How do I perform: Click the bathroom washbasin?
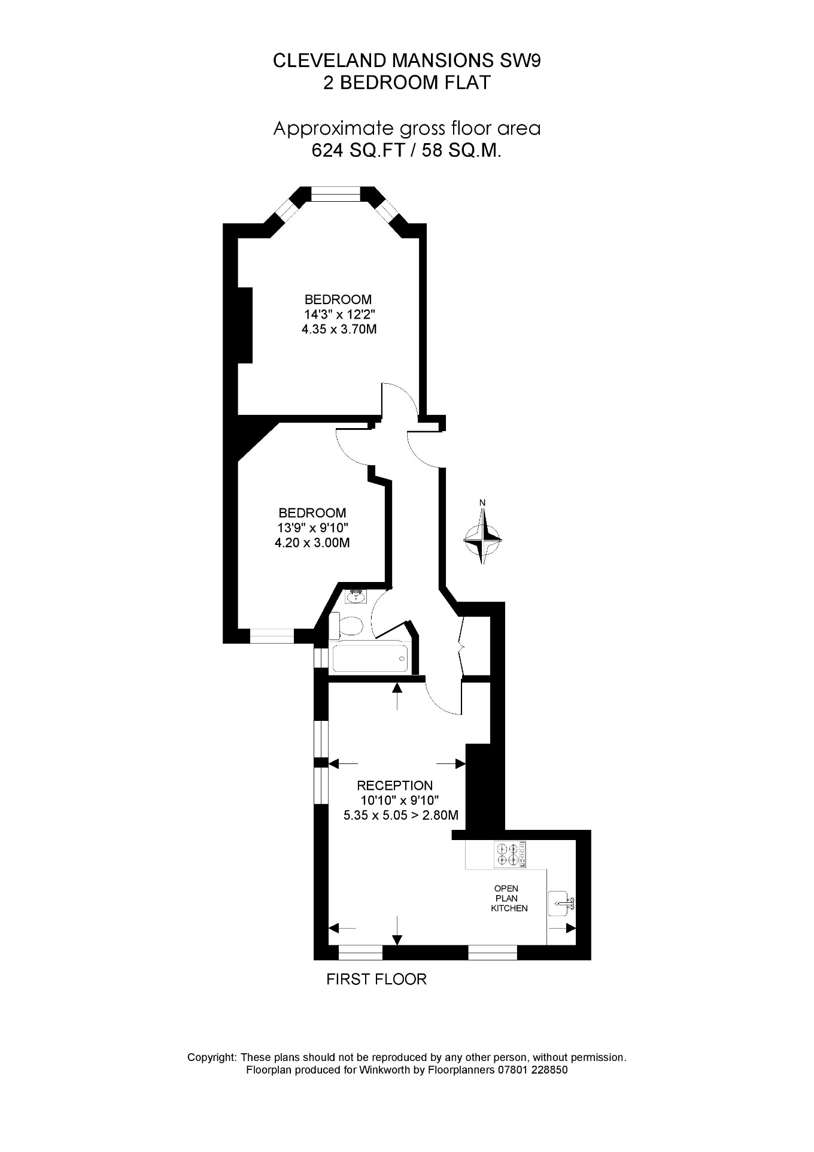[357, 596]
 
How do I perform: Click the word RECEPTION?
[394, 785]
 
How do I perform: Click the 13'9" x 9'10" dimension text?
[312, 528]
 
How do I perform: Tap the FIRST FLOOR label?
[376, 979]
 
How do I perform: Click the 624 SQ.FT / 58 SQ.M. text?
[406, 151]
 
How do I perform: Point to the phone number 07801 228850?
[533, 1070]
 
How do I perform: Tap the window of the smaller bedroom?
[272, 636]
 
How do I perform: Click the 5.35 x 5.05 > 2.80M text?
[400, 815]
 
